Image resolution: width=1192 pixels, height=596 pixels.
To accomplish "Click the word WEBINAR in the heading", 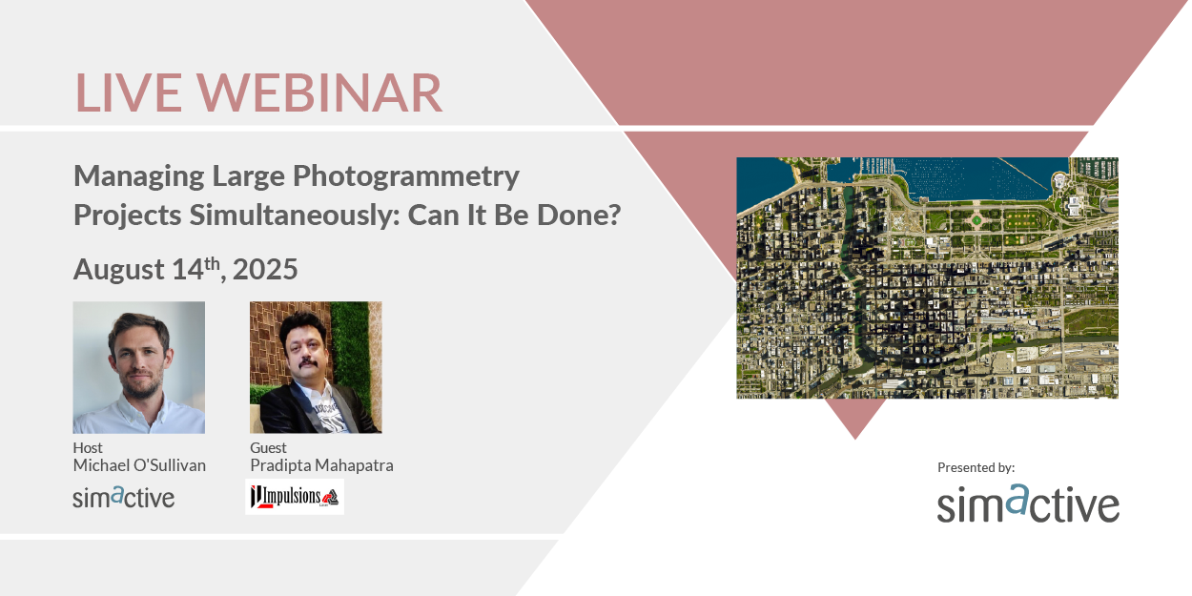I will tap(323, 92).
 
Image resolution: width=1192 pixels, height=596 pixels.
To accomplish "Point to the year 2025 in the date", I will tap(265, 270).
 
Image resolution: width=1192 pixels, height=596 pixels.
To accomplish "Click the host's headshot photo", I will tap(139, 367).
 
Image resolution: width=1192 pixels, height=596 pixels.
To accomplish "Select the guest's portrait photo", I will tap(316, 367).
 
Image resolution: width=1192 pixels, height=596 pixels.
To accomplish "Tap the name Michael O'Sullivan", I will tap(139, 465).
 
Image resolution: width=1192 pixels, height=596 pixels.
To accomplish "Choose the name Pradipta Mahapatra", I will tap(321, 465).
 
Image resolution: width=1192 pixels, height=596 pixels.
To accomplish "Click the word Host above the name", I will tap(88, 447).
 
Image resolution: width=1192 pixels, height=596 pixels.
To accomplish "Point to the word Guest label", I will tap(268, 447).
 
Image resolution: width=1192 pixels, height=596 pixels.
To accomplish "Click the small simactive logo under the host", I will tap(124, 497).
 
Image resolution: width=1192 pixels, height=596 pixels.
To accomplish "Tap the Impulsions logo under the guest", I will tap(295, 497).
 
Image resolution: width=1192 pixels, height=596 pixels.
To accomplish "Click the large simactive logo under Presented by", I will tap(1028, 504).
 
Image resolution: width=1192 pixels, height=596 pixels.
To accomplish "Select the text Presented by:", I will tap(976, 467).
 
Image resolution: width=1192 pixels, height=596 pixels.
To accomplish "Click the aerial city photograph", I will tap(927, 277).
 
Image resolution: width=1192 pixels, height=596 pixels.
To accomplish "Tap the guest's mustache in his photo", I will tap(307, 366).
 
